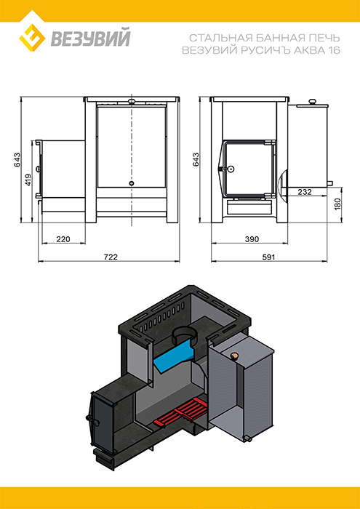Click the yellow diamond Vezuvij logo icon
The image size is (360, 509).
coord(32,36)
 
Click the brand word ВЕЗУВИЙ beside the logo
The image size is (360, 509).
coord(90,38)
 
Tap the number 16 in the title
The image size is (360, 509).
coord(333,51)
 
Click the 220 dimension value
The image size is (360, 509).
coord(63,239)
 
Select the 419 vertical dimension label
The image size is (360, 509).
coord(28,180)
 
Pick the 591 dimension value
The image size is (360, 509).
coord(269,257)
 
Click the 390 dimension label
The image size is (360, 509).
coord(252,239)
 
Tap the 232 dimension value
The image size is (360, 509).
coord(305,192)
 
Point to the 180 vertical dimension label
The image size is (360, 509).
coord(338,204)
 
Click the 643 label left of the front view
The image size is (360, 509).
coord(17,160)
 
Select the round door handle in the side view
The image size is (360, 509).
coord(231,169)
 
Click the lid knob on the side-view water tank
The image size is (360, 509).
coord(312,102)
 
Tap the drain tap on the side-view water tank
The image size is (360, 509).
coord(329,183)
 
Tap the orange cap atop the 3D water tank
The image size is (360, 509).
coord(233,356)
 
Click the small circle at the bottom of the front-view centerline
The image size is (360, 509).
coord(132,183)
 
